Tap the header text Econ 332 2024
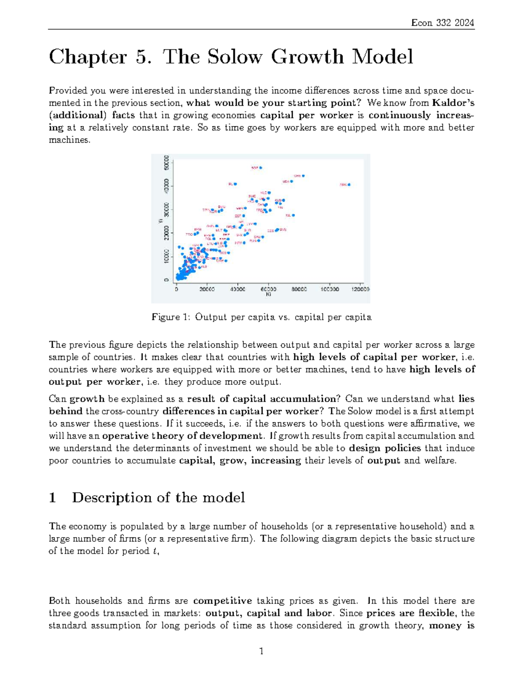tap(442, 23)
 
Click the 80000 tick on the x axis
tap(299, 289)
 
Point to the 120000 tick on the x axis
tap(360, 289)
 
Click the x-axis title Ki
tap(268, 295)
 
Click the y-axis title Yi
tap(160, 221)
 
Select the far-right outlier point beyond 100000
tap(349, 185)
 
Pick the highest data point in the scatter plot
tap(261, 167)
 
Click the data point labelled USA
tap(292, 181)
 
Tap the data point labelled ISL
tap(293, 215)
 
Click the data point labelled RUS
tap(258, 240)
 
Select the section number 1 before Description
tap(53, 498)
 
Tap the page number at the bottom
tap(261, 652)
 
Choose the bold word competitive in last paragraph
tap(222, 601)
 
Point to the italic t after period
tap(155, 551)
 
